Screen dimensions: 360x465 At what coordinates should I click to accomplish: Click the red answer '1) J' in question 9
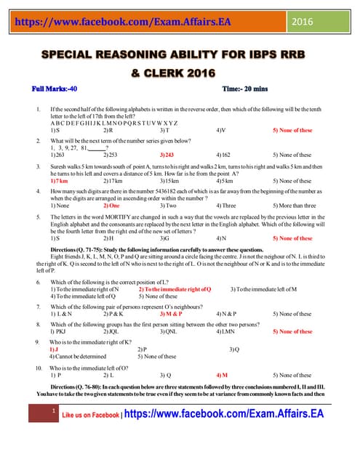coord(53,349)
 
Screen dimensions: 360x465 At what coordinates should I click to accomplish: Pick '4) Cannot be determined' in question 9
coord(79,357)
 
